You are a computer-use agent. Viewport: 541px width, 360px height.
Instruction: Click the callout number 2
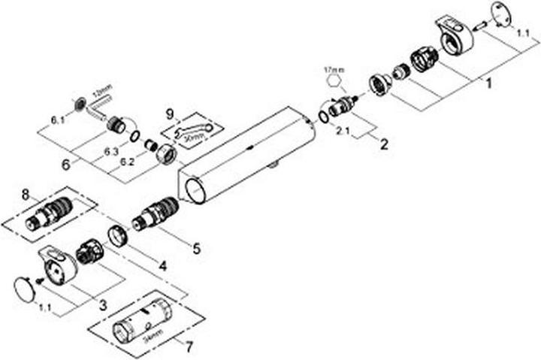coord(384,145)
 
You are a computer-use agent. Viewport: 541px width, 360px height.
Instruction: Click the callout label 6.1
coord(58,119)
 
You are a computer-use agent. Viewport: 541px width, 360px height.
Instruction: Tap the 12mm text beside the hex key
coord(100,90)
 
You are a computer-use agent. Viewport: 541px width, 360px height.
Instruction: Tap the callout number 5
coord(196,247)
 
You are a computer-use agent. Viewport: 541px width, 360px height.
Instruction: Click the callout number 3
coord(103,304)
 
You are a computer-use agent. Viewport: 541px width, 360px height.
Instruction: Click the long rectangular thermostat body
coord(248,154)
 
